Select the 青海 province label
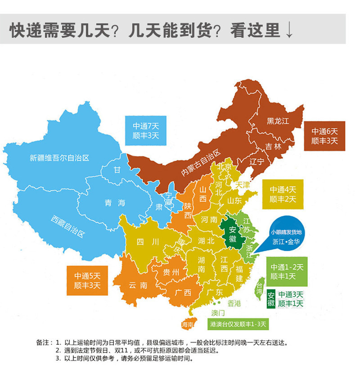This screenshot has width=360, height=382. pyautogui.click(x=115, y=203)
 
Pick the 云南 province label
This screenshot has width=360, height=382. pyautogui.click(x=138, y=285)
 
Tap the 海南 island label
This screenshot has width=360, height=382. pyautogui.click(x=188, y=324)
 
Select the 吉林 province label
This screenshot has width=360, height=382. pyautogui.click(x=273, y=147)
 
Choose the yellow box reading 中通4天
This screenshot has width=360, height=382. pyautogui.click(x=283, y=194)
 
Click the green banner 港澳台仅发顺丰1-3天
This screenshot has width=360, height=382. pyautogui.click(x=238, y=324)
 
